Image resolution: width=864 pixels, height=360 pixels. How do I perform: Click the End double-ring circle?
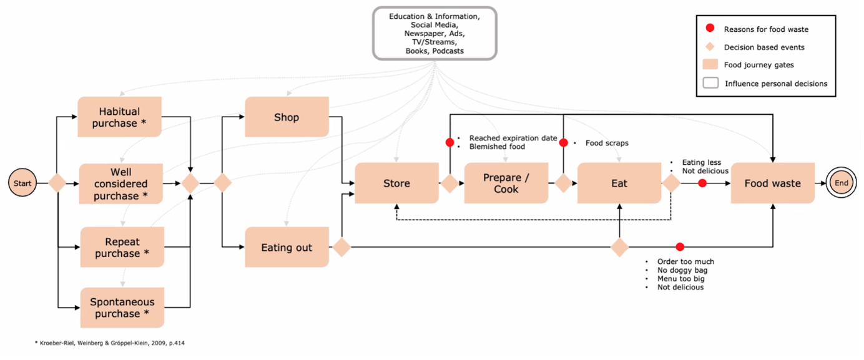pyautogui.click(x=841, y=183)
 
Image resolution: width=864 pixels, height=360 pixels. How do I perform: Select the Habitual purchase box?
pyautogui.click(x=119, y=117)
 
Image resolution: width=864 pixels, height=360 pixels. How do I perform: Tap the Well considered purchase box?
pyautogui.click(x=120, y=183)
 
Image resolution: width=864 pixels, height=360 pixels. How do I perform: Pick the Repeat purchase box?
pyautogui.click(x=122, y=248)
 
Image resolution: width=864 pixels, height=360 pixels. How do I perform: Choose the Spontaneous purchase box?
pyautogui.click(x=122, y=308)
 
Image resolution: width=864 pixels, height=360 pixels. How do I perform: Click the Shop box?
pyautogui.click(x=287, y=117)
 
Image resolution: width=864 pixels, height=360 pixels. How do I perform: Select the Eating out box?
pyautogui.click(x=287, y=248)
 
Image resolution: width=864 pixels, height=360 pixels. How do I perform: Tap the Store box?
pyautogui.click(x=396, y=183)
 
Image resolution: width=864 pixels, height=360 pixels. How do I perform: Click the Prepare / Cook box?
pyautogui.click(x=506, y=183)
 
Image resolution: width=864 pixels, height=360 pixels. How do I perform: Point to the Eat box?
pyautogui.click(x=619, y=183)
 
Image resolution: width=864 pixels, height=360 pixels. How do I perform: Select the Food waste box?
pyautogui.click(x=772, y=183)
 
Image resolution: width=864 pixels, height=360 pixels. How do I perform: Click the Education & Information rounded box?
pyautogui.click(x=434, y=33)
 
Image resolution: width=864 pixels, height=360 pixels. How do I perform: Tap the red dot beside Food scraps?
pyautogui.click(x=563, y=142)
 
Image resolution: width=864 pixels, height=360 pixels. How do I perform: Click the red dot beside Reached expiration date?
pyautogui.click(x=449, y=142)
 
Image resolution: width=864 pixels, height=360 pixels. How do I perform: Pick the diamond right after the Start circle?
pyautogui.click(x=57, y=183)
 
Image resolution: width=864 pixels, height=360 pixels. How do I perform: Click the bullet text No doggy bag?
pyautogui.click(x=682, y=270)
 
